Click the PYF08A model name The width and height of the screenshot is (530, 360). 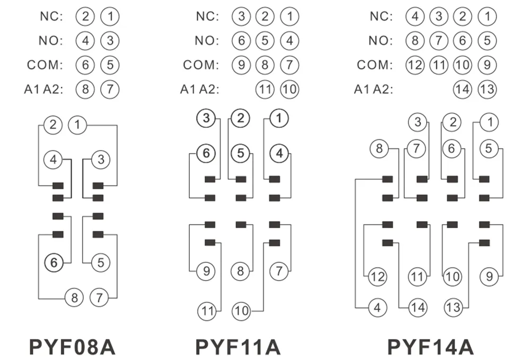[x=72, y=347]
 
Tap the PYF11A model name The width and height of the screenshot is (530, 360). [x=238, y=347]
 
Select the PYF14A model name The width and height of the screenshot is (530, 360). [x=430, y=347]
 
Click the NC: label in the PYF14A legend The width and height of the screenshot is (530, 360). [x=382, y=16]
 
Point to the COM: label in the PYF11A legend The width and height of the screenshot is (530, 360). [x=201, y=65]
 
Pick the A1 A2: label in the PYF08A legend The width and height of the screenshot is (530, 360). [x=43, y=89]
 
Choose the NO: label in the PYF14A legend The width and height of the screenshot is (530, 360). [x=381, y=41]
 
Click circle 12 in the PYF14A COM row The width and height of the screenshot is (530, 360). [x=415, y=65]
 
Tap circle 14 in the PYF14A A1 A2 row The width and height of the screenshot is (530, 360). [x=462, y=89]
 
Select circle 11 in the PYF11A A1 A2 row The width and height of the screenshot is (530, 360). [x=265, y=89]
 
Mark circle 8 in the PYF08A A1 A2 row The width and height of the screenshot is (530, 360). [x=85, y=89]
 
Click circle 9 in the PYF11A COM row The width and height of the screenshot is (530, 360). [x=241, y=65]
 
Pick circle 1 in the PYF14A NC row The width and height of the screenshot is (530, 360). [x=488, y=16]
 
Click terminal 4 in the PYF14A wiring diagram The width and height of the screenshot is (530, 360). [x=377, y=308]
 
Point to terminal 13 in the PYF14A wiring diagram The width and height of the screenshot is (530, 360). [x=453, y=308]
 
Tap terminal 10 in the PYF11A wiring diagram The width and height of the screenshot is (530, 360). [x=241, y=311]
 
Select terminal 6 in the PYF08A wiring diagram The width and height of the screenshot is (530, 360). [x=54, y=262]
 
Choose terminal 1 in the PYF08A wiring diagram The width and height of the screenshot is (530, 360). [x=77, y=125]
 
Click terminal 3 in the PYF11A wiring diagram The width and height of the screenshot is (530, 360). [x=206, y=118]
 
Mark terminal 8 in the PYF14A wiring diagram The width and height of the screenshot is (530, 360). [x=379, y=148]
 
